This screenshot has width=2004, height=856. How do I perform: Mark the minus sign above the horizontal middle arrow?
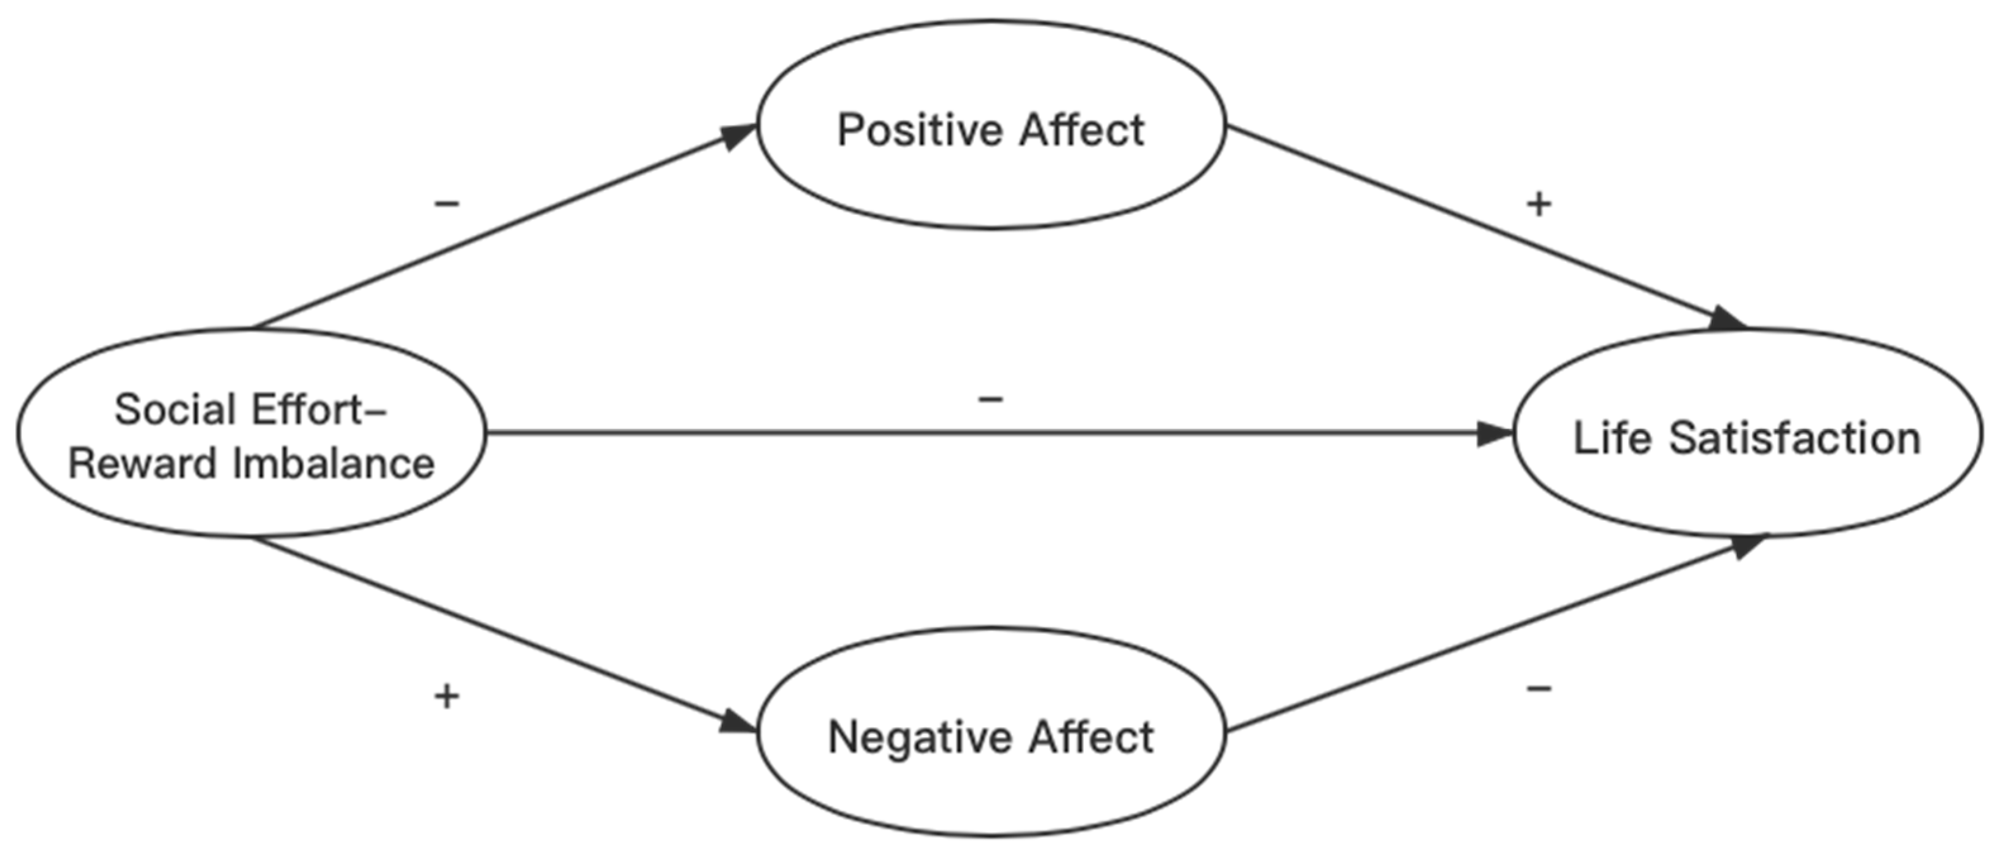(x=990, y=400)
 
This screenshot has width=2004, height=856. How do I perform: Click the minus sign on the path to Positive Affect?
(x=447, y=204)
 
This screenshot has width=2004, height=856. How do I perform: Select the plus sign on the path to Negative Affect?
(x=447, y=696)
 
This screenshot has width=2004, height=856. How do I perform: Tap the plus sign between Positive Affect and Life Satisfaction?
(x=1539, y=204)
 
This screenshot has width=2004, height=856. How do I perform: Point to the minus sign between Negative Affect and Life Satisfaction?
(x=1539, y=687)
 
